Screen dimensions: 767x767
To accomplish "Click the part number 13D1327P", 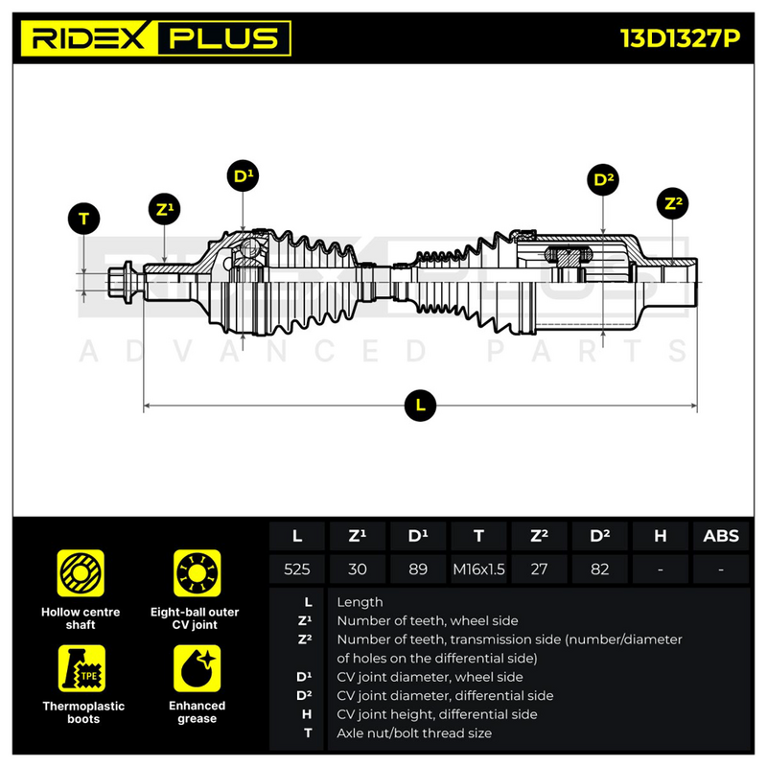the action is [681, 38].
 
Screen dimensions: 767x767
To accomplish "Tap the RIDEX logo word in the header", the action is [89, 38].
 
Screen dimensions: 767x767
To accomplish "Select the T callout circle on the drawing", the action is [84, 219].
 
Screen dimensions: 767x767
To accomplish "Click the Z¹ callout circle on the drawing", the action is [164, 209].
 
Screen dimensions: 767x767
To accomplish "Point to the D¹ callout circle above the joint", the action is [244, 175].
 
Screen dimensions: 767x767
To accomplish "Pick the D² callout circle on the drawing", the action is [603, 179].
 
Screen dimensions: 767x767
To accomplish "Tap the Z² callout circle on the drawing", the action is [673, 203].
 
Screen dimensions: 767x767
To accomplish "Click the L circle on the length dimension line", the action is [420, 406].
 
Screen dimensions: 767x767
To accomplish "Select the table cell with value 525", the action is [297, 569].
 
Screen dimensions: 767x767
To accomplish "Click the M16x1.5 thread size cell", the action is [478, 569].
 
